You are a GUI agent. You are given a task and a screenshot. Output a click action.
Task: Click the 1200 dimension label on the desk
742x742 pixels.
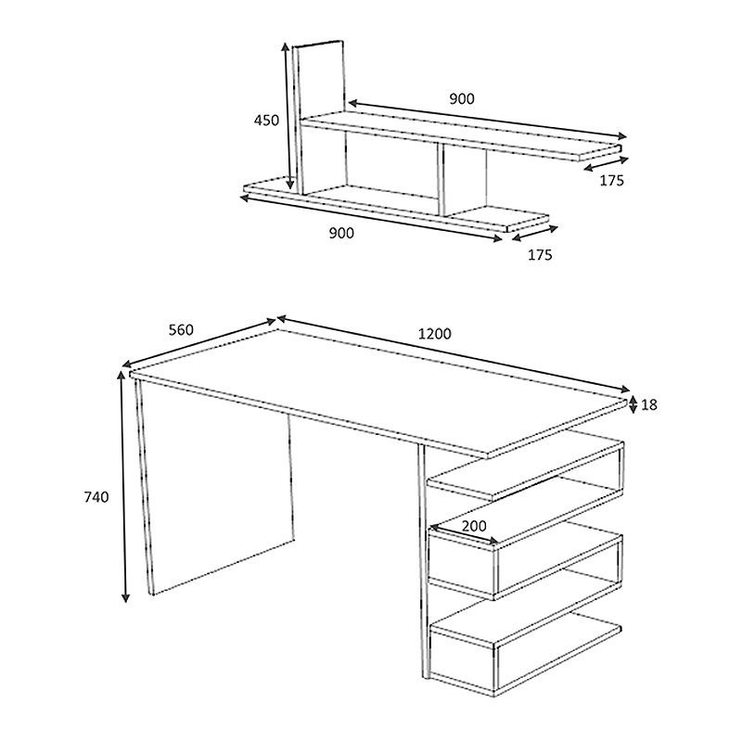tap(434, 334)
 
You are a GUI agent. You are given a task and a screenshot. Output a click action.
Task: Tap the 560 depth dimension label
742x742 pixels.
tap(181, 329)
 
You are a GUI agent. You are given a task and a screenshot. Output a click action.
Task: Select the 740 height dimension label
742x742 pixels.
tap(96, 497)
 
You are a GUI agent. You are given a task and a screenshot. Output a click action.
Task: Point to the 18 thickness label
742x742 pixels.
tap(649, 404)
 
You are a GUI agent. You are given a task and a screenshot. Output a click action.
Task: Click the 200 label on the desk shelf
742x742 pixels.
tap(474, 526)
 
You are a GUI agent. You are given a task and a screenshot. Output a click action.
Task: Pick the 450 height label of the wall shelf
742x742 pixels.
tap(266, 121)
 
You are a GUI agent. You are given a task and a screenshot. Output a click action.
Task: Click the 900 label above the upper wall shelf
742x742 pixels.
tap(461, 99)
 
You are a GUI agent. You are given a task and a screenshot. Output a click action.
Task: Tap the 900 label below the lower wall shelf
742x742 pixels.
tap(341, 234)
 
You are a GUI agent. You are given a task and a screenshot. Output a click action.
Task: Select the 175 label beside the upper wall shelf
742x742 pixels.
tap(612, 180)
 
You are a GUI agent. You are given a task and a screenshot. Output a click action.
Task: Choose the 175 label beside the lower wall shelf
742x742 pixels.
tap(540, 254)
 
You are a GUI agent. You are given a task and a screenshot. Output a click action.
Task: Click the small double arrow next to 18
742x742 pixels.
tap(633, 405)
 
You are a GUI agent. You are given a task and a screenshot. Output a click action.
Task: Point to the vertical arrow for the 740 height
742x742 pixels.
tap(123, 486)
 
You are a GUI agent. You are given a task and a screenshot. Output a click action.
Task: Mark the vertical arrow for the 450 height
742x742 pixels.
tap(288, 115)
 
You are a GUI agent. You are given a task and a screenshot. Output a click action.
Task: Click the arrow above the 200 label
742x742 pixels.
tap(463, 534)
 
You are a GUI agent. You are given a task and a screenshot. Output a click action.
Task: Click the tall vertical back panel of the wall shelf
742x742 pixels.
tap(320, 117)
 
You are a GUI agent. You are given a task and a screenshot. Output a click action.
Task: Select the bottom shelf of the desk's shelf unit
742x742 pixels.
tap(525, 629)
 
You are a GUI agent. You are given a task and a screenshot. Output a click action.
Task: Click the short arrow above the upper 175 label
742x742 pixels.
tap(607, 164)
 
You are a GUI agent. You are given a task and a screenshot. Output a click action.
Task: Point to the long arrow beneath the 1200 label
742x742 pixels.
tap(454, 353)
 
